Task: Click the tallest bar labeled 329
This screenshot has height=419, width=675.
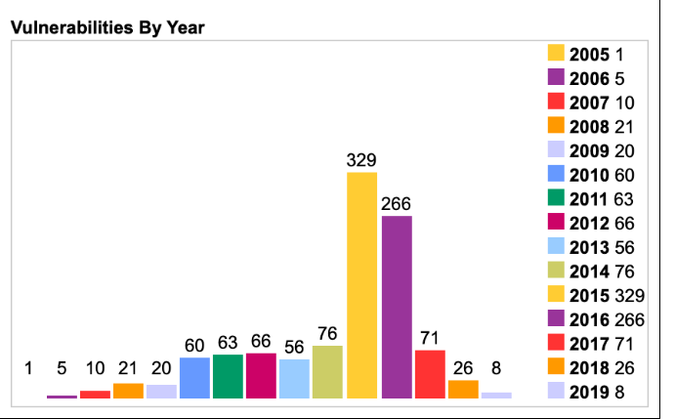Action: click(x=361, y=285)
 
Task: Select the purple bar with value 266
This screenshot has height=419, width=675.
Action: click(x=397, y=307)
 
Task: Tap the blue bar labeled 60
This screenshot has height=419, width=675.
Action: click(x=194, y=378)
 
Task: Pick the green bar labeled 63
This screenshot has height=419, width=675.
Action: click(x=228, y=376)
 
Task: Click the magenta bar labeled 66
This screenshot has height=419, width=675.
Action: click(x=261, y=376)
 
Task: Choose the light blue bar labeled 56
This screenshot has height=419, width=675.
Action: click(x=294, y=379)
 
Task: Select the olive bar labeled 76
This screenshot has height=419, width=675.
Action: click(x=327, y=372)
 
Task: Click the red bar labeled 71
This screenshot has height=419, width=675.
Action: click(x=430, y=374)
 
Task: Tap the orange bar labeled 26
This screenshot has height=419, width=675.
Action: click(x=463, y=389)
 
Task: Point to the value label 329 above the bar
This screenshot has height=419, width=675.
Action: click(x=361, y=160)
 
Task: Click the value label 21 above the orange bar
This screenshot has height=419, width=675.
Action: click(x=128, y=369)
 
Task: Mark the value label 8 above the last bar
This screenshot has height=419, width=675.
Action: click(x=496, y=369)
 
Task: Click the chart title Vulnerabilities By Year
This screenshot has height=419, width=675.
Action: click(x=107, y=26)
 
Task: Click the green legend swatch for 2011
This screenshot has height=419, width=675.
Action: click(x=556, y=198)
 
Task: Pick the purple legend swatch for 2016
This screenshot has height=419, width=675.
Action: click(x=556, y=318)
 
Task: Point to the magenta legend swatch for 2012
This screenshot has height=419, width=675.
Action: click(x=556, y=222)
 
